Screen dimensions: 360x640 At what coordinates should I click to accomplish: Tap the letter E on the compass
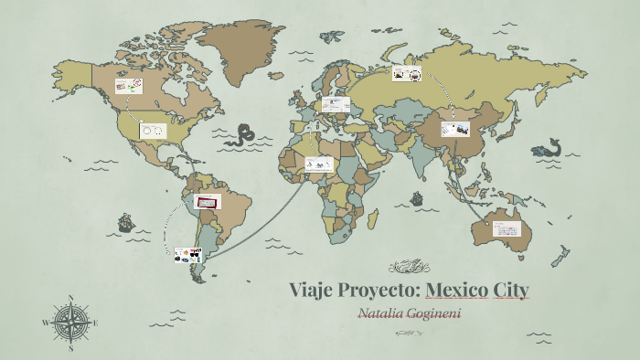click(x=96, y=323)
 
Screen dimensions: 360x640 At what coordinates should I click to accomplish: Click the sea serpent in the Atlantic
click(x=242, y=136)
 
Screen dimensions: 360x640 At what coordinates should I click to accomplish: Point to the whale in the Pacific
click(x=548, y=147)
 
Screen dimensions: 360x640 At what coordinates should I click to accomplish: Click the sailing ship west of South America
click(x=124, y=222)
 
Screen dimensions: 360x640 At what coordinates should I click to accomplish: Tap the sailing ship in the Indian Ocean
click(x=416, y=196)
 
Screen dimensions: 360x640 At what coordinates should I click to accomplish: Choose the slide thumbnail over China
click(x=454, y=129)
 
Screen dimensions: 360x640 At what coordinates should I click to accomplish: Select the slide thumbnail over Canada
click(x=129, y=86)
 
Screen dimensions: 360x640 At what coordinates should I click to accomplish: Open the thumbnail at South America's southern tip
click(x=187, y=255)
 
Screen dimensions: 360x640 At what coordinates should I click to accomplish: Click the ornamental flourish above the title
click(x=408, y=267)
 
